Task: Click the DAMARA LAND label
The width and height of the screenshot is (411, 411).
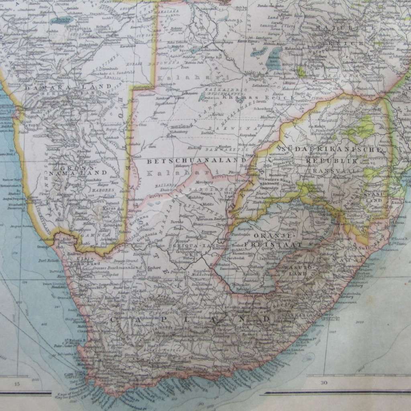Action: click(x=68, y=86)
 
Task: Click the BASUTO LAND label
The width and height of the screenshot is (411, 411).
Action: click(x=296, y=270)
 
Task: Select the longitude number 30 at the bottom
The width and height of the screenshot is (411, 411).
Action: click(x=324, y=383)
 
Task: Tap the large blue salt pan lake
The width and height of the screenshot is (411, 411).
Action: click(x=275, y=59)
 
